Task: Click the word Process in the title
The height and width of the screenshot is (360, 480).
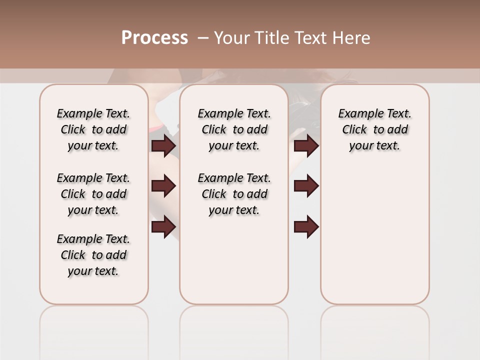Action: [154, 38]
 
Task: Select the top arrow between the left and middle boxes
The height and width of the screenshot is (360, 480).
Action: [163, 145]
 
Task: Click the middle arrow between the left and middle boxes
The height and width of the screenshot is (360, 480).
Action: [163, 186]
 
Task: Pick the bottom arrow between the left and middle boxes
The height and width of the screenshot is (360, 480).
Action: [163, 226]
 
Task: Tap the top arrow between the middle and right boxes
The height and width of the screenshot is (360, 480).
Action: [306, 145]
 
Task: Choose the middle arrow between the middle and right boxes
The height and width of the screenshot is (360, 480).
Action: [306, 186]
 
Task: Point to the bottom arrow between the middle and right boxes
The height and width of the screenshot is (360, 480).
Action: [306, 226]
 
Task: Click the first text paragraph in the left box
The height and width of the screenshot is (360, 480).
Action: [93, 129]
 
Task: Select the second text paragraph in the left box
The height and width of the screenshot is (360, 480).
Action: [93, 194]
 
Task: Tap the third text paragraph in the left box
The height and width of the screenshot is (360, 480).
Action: [93, 255]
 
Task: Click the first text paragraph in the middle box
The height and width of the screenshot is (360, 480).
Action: [234, 129]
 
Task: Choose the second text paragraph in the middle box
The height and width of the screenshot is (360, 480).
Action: [234, 194]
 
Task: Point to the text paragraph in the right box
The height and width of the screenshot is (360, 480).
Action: [374, 129]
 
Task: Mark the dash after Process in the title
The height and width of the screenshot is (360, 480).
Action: [202, 38]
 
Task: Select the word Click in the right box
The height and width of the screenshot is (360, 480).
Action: [354, 130]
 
